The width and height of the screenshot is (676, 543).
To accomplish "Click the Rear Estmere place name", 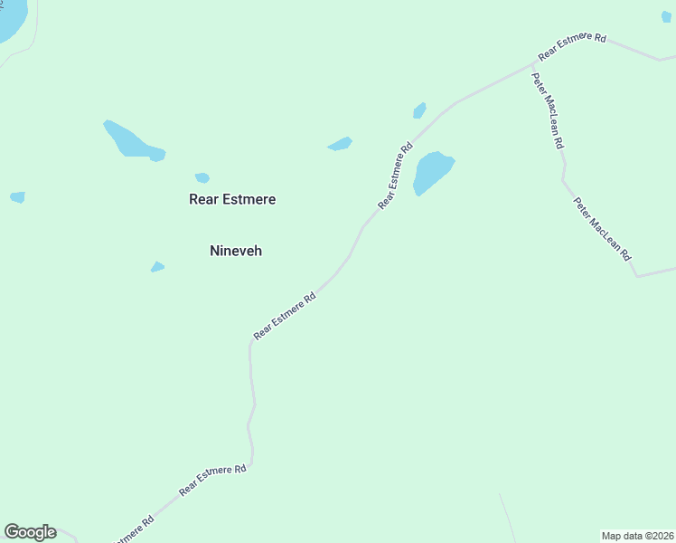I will (232, 199).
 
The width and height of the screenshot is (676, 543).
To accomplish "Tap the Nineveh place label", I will (236, 251).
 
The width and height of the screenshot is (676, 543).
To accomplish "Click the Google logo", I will (30, 532).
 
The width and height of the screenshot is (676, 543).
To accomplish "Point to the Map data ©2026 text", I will (638, 536).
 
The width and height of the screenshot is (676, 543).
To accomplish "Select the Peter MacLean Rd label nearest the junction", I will (549, 110).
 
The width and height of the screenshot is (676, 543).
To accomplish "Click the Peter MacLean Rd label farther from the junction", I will (603, 230).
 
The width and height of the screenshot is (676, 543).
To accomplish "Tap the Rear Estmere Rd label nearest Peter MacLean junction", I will (572, 45).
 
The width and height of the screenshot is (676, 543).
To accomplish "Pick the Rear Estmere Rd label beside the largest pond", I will (396, 176).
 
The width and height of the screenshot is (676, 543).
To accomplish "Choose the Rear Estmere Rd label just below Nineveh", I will (285, 315).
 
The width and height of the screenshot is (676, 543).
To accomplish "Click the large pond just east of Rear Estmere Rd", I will (432, 171).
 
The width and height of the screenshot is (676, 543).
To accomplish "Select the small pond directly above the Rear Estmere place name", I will (202, 177).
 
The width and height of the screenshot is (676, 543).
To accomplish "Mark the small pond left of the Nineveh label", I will (157, 267).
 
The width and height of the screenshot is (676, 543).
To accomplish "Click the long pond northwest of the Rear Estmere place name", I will (132, 141).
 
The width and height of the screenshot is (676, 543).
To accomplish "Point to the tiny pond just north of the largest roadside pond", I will (419, 110).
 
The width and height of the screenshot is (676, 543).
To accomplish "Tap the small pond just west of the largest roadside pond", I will (340, 144).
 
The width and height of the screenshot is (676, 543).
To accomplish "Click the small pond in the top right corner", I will (667, 16).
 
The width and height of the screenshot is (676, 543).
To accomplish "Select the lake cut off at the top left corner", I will (11, 18).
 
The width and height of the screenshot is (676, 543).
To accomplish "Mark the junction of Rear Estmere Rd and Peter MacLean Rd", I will (533, 65).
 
